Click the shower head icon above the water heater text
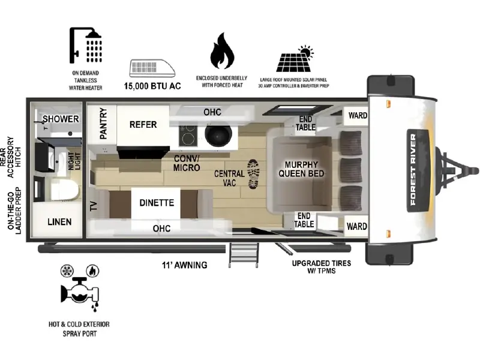click(85, 46)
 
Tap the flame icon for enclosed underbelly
click(222, 51)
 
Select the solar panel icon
click(295, 59)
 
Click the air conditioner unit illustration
click(152, 68)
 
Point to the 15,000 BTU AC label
click(152, 86)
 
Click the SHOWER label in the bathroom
click(61, 119)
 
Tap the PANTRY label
click(103, 124)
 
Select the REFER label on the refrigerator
click(143, 125)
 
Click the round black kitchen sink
click(217, 134)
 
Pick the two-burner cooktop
click(188, 135)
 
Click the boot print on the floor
click(253, 173)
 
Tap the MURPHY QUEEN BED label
click(301, 169)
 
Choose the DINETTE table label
click(157, 203)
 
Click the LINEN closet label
click(59, 221)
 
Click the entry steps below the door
click(244, 255)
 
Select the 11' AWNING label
click(185, 265)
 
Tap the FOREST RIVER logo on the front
click(413, 170)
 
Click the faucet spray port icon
click(80, 289)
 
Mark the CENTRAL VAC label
click(229, 178)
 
